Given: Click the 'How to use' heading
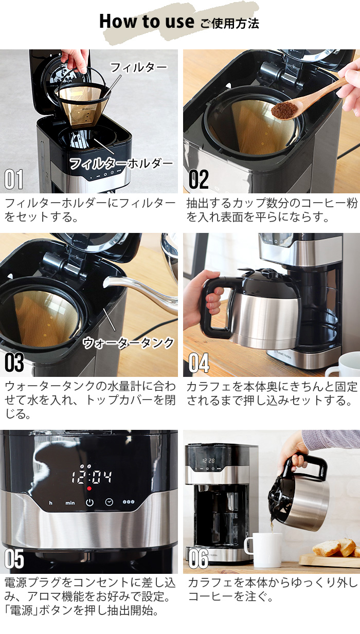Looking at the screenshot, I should [x=147, y=22].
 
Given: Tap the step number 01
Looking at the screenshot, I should [x=14, y=179].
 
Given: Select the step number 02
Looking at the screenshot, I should [x=198, y=179].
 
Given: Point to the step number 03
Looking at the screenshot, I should [x=14, y=363].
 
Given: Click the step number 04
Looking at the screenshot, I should [x=199, y=363].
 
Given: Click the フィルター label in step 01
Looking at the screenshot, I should [x=138, y=67].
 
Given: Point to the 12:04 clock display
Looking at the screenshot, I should [x=92, y=477].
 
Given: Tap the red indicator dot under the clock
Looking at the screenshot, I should [x=89, y=488].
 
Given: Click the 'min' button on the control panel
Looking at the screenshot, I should [x=70, y=503].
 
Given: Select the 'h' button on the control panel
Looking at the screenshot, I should [x=50, y=503].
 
